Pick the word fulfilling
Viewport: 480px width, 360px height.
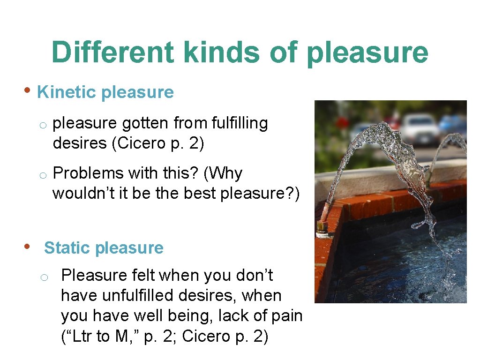pos(240,123)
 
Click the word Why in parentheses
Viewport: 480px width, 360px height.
pos(223,173)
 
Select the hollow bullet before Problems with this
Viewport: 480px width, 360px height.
pos(42,175)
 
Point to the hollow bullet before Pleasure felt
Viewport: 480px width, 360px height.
pos(43,277)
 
